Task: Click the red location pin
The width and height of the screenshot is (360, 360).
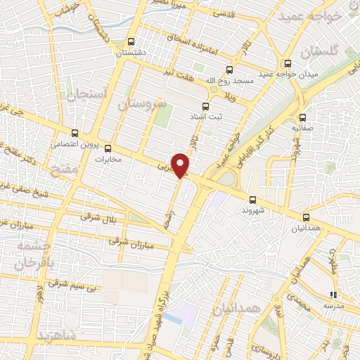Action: (181, 165)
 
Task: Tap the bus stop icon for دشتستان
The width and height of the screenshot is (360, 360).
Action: (131, 41)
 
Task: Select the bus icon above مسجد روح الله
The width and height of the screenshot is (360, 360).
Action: (230, 69)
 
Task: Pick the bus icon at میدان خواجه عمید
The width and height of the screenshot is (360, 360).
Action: (288, 63)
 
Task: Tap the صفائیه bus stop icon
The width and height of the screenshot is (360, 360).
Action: (303, 117)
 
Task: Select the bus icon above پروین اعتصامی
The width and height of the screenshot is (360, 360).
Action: (76, 133)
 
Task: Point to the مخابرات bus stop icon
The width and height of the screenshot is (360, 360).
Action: (108, 148)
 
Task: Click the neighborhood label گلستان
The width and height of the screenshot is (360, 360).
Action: (318, 53)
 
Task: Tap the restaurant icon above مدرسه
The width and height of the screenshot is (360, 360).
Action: (334, 295)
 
